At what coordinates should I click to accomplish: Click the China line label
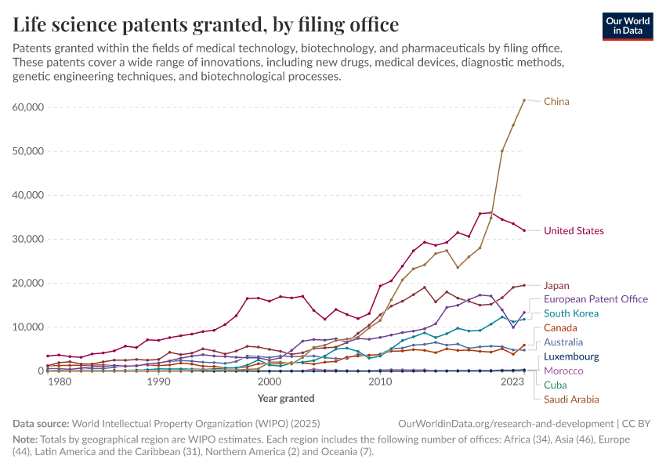tap(556, 101)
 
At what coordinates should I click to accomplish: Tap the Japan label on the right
tap(556, 285)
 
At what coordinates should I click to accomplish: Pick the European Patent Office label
tap(595, 298)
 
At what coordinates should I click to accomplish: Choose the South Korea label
tap(571, 313)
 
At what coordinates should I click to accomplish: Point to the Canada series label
tap(560, 327)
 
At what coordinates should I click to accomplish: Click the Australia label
tap(563, 342)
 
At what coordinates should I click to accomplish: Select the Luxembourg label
tap(571, 356)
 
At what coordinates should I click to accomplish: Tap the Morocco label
tap(563, 371)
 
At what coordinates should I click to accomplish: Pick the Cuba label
tap(556, 385)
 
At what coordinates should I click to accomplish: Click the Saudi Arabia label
tap(573, 399)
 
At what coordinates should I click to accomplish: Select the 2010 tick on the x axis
tap(380, 381)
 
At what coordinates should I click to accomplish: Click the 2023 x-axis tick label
tap(513, 381)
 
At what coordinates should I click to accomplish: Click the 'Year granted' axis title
tap(286, 398)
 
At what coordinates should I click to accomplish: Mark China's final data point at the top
tap(524, 100)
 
